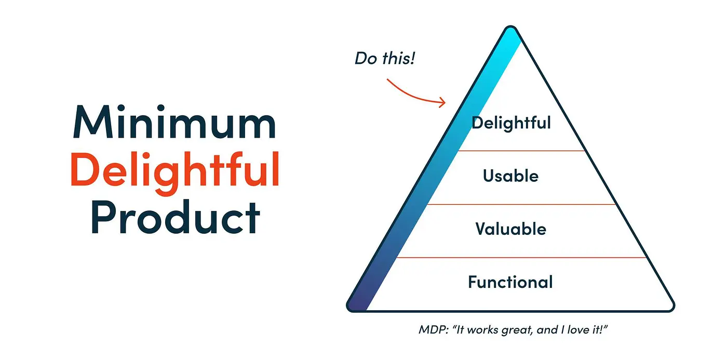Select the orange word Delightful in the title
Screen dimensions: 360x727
point(175,169)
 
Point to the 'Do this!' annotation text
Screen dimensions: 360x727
point(385,58)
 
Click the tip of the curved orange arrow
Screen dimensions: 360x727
point(444,102)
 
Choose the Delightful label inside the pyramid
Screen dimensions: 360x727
point(511,123)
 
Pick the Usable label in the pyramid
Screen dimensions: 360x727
point(511,176)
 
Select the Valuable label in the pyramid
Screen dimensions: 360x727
point(511,229)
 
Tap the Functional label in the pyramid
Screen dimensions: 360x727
point(510,282)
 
